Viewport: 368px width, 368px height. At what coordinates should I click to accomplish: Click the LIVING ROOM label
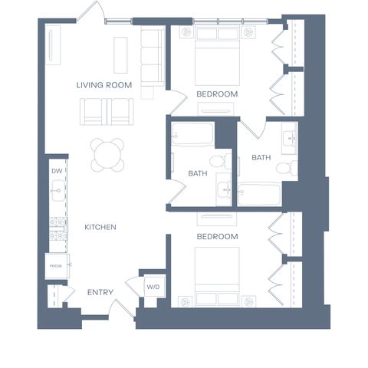click(104, 85)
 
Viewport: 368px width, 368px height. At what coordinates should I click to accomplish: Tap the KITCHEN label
click(100, 227)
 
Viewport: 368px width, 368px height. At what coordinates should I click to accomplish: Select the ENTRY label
click(100, 292)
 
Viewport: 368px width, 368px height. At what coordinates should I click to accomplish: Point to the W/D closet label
click(153, 287)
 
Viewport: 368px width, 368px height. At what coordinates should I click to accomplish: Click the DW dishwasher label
click(57, 171)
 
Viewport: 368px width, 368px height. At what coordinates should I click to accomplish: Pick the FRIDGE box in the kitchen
click(57, 266)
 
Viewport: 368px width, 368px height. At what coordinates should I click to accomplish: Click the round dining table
click(107, 155)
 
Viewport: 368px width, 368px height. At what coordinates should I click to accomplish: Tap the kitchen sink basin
click(58, 190)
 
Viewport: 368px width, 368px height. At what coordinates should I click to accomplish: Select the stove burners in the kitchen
click(58, 229)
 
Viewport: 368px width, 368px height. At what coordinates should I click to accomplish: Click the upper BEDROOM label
click(217, 94)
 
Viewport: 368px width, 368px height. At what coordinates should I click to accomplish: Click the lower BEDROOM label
click(217, 237)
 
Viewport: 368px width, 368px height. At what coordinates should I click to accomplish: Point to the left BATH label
click(198, 173)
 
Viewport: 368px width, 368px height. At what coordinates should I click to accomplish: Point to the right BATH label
click(261, 157)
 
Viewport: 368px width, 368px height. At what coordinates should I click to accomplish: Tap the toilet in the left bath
click(220, 161)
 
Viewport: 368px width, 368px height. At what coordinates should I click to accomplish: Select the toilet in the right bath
click(287, 168)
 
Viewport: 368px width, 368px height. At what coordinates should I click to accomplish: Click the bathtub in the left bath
click(192, 134)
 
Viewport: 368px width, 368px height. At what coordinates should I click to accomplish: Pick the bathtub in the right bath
click(259, 194)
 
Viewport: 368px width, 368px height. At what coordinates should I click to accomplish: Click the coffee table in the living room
click(120, 55)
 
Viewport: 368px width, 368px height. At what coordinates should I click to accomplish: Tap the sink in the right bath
click(290, 138)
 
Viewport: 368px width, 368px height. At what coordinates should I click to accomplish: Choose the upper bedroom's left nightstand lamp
click(186, 32)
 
